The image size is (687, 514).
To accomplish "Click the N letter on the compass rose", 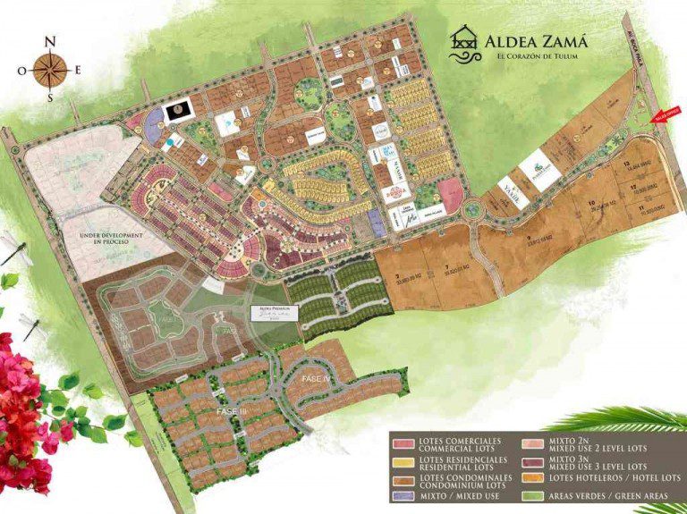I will click(51, 41).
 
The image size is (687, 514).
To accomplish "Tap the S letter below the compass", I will click(51, 97).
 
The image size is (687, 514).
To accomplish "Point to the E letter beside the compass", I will click(79, 70).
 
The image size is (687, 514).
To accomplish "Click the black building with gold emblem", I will click(176, 111).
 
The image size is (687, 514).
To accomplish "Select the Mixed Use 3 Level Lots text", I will click(598, 467).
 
